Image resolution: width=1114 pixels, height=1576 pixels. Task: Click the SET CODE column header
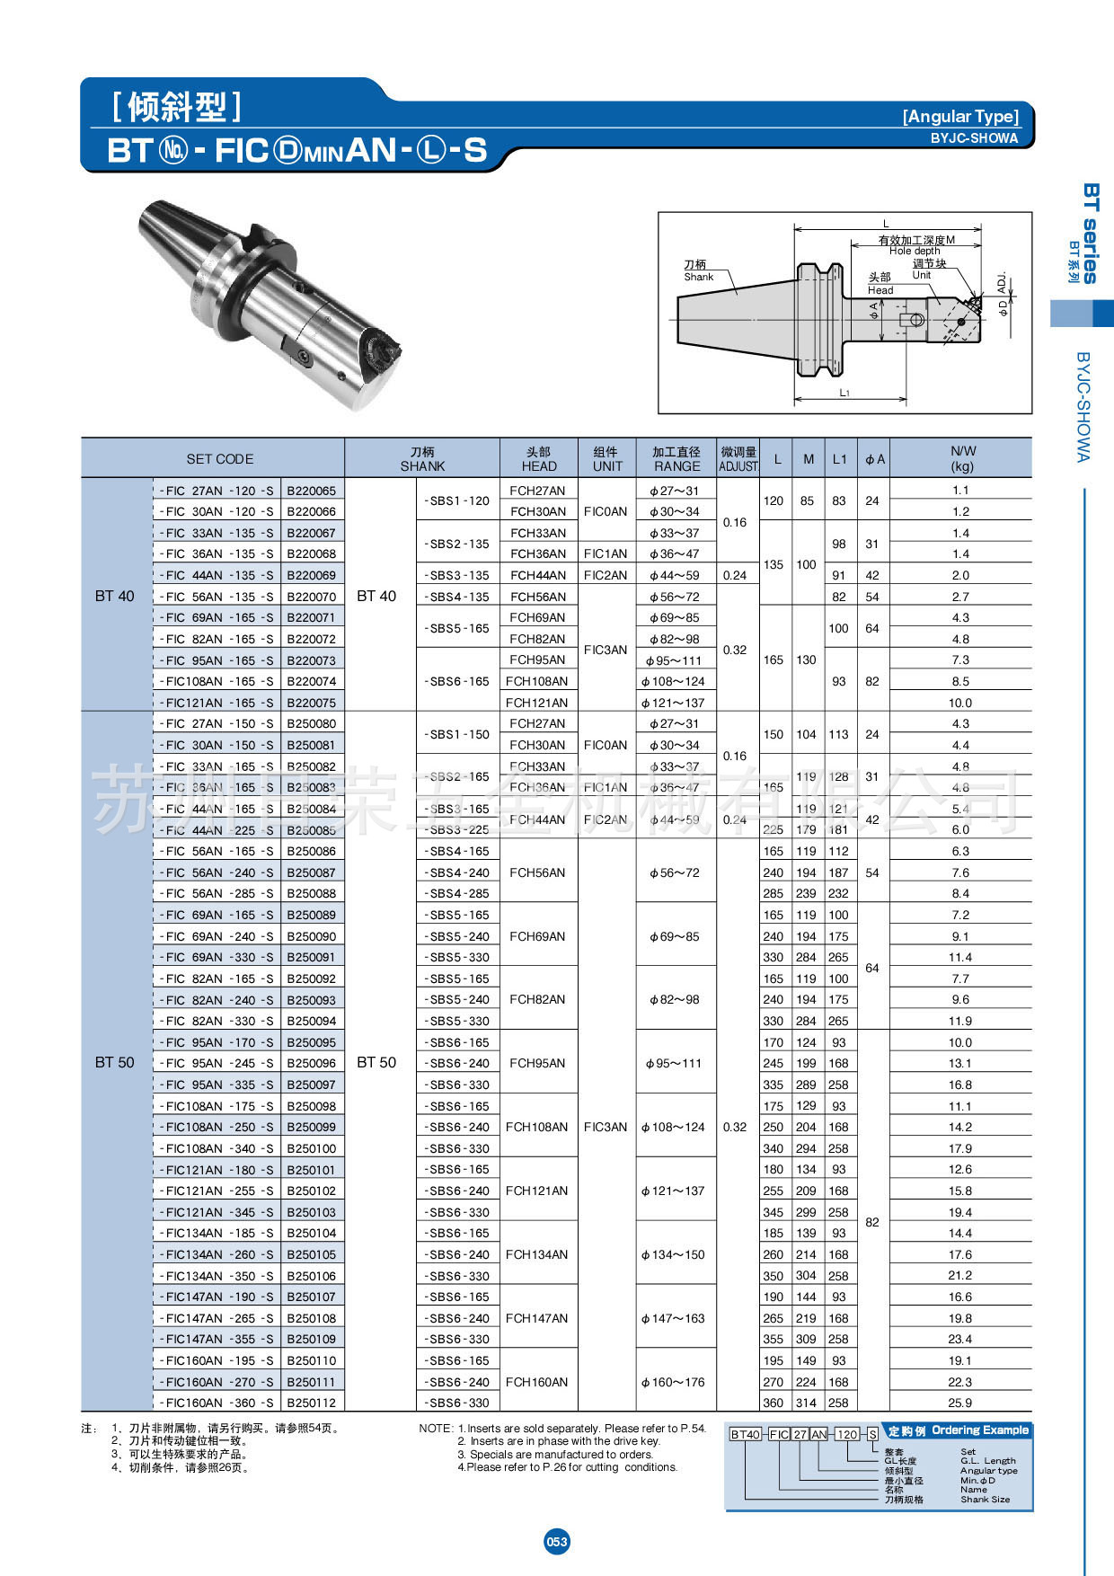(219, 459)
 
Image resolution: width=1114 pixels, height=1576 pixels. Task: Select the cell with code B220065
(311, 491)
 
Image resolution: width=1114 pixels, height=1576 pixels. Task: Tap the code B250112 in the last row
(311, 1403)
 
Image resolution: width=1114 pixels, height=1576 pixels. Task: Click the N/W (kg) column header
(962, 458)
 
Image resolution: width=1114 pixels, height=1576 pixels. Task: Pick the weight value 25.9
(959, 1403)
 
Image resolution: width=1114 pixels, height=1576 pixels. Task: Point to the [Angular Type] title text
(960, 116)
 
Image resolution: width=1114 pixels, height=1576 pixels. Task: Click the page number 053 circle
(557, 1542)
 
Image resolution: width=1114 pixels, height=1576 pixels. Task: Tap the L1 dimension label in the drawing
(844, 394)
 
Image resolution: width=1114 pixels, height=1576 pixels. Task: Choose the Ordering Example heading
(979, 1430)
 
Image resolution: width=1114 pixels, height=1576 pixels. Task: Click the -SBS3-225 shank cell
(458, 830)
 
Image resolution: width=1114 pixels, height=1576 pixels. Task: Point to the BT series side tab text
(1090, 233)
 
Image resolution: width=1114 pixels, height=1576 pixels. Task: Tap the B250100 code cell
(311, 1148)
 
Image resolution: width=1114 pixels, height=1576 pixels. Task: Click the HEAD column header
(539, 459)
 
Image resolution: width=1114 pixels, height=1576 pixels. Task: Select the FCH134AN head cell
(536, 1254)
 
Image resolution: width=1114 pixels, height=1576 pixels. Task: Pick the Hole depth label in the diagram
(915, 252)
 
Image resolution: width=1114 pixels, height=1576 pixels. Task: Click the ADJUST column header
(738, 459)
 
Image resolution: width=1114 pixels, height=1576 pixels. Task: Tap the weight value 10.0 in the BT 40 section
(959, 703)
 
